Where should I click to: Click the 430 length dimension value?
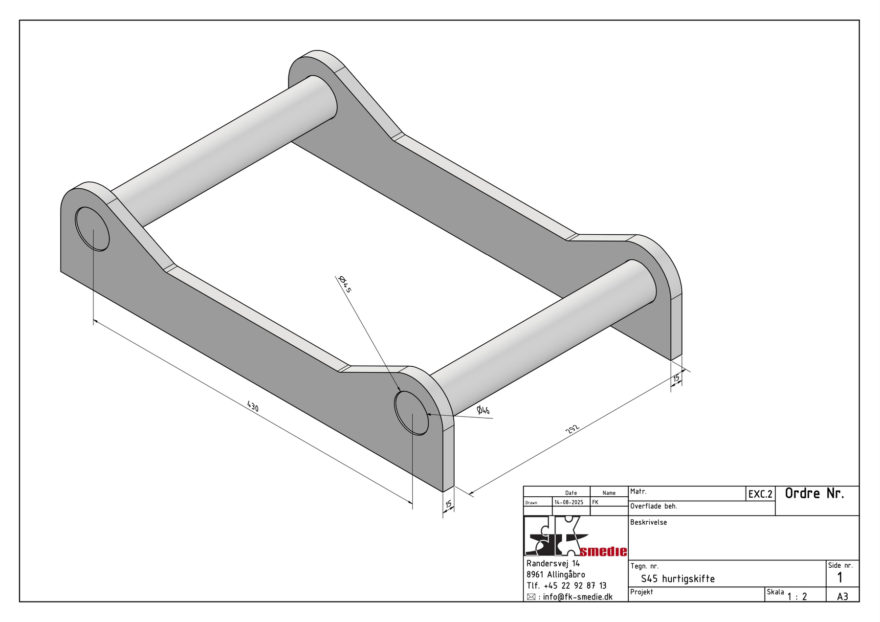253,406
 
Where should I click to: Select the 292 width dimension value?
572,429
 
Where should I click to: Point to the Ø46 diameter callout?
483,410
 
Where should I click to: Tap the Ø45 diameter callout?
345,284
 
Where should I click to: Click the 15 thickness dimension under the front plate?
448,504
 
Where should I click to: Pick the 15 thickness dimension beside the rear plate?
676,378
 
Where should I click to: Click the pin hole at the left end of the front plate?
92,229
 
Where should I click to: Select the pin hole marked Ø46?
412,413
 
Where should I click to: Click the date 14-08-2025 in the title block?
569,502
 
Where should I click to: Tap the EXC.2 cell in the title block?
760,494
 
